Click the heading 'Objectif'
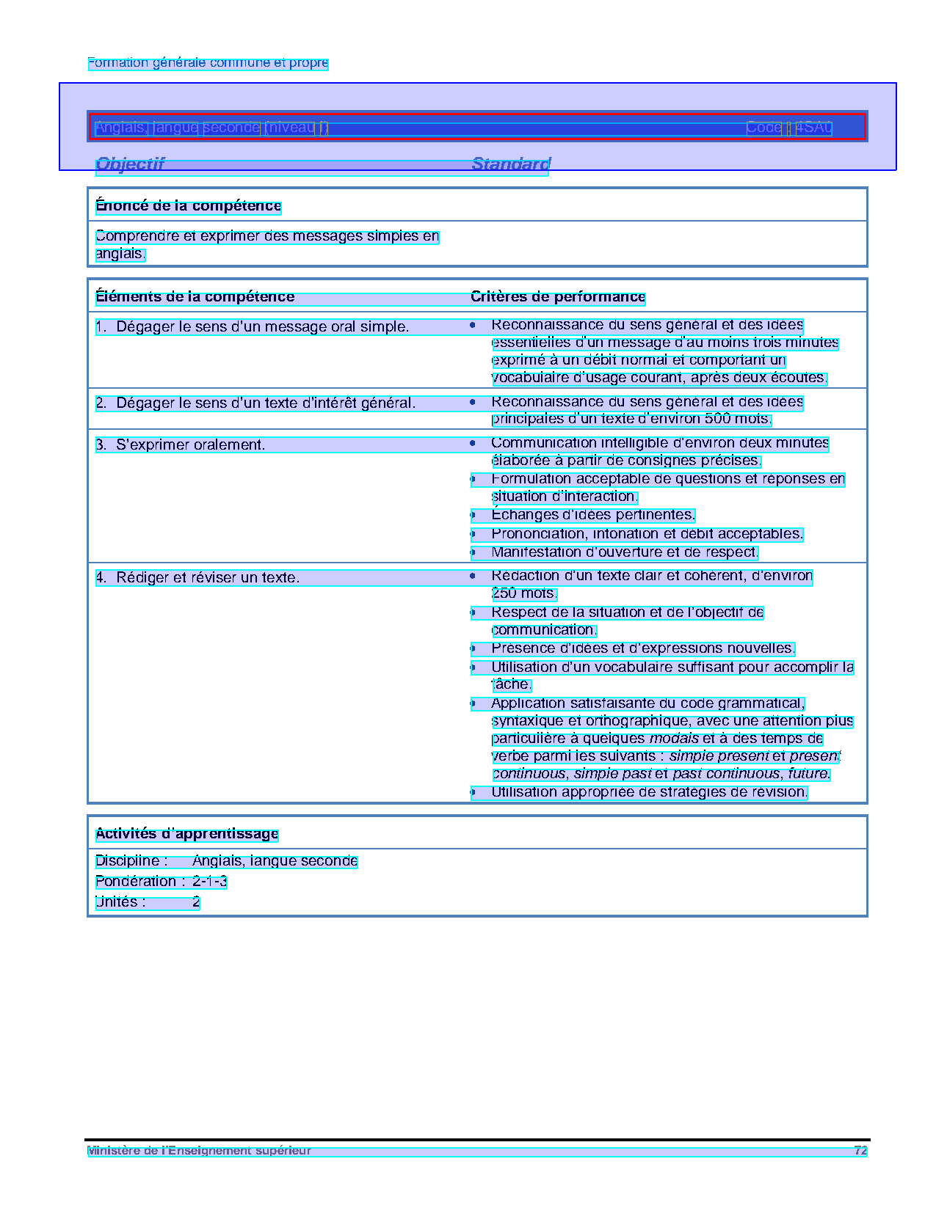[130, 164]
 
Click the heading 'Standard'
[510, 164]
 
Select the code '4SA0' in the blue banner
[813, 128]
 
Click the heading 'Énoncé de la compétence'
[188, 206]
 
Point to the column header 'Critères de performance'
[558, 297]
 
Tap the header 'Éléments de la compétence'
[195, 297]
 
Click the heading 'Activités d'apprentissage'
[186, 834]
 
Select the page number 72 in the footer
[860, 1151]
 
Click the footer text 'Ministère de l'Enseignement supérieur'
[199, 1151]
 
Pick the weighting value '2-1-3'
[209, 882]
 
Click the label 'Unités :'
[120, 902]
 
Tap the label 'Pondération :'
[139, 882]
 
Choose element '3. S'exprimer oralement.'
[181, 445]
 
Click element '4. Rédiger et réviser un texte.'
[197, 578]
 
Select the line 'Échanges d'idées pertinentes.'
[592, 515]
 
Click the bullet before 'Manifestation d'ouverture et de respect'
[473, 552]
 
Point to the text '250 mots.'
[524, 593]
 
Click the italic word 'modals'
[674, 739]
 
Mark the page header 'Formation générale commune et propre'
[208, 63]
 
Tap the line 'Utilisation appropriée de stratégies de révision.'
[649, 792]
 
